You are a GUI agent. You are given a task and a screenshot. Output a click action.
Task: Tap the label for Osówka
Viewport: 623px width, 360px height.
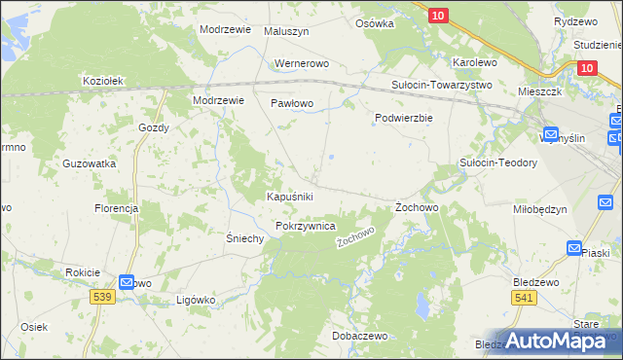tap(375, 22)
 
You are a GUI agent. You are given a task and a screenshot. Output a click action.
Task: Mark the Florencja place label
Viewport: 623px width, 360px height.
tap(116, 208)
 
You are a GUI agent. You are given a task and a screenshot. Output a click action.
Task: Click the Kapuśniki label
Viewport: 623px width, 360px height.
tap(290, 197)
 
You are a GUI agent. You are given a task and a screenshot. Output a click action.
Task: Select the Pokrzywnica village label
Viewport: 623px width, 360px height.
tap(306, 226)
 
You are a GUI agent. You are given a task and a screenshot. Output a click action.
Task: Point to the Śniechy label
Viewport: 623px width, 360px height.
tap(245, 238)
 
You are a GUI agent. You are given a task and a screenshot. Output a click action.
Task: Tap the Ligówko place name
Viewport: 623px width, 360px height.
tap(195, 300)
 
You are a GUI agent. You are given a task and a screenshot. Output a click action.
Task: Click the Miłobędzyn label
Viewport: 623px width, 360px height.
tap(539, 209)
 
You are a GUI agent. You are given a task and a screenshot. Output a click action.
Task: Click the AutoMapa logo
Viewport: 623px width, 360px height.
tap(558, 341)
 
